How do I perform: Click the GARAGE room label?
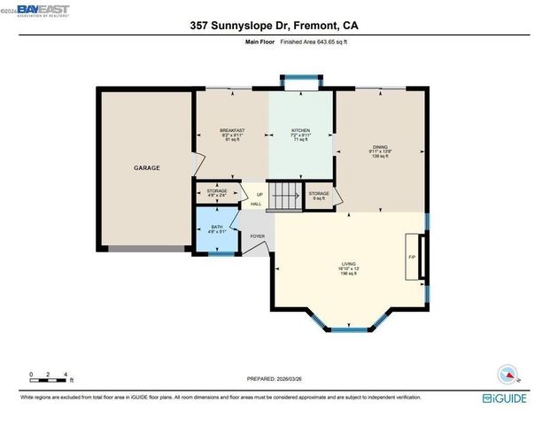(146, 167)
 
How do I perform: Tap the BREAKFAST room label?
(232, 130)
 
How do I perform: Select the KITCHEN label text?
(301, 130)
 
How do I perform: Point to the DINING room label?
(380, 147)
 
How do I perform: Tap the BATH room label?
(217, 228)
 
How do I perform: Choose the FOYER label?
(257, 236)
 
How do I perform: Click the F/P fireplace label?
(412, 256)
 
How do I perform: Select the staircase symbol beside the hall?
(283, 196)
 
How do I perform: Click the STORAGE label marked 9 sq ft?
(319, 194)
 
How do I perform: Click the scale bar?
(50, 379)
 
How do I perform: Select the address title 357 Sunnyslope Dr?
(275, 27)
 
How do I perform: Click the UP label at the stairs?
(260, 195)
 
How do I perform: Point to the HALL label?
(256, 205)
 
